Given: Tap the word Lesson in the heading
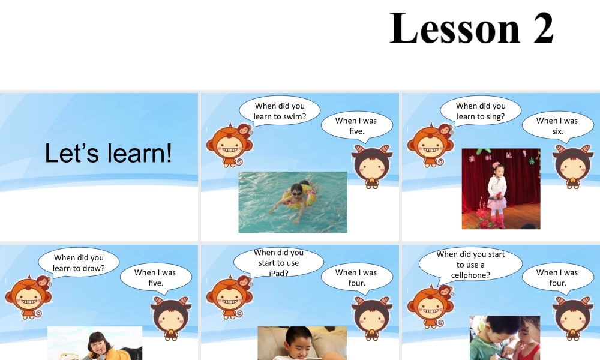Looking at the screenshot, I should pos(455,29).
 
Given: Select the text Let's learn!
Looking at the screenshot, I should pos(108,154).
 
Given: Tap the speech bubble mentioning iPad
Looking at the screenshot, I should pos(278,263).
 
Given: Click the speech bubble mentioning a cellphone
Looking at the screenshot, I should pos(470,265).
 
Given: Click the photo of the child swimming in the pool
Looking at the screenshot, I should pos(293,202).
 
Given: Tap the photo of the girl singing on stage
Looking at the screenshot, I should pos(500,188).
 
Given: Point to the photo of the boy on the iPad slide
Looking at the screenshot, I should pos(302,343).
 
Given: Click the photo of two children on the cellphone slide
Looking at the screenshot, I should pos(505,338).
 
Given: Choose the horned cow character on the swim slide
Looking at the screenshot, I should pos(372,165).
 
